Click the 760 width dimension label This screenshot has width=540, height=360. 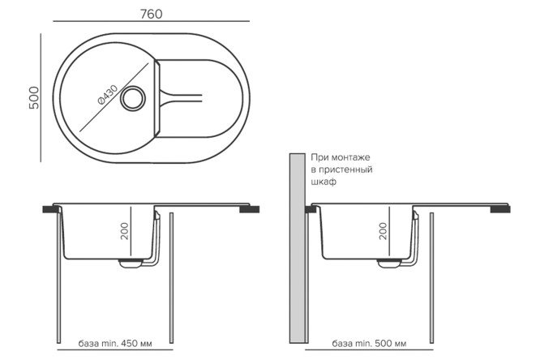(x=151, y=14)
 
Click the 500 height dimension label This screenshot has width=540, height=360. (x=34, y=98)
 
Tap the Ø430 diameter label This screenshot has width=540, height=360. (x=108, y=94)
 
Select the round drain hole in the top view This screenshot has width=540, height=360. (x=133, y=99)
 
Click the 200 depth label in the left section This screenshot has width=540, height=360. (x=125, y=231)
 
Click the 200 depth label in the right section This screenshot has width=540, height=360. (x=383, y=231)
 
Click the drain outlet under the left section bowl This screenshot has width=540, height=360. (x=131, y=263)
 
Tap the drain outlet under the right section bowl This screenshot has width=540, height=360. (x=389, y=263)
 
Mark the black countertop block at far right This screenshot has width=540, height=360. (x=500, y=208)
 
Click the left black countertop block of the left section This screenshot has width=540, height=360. (x=50, y=208)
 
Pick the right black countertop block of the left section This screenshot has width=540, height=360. (x=250, y=208)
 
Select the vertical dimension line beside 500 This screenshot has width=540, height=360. (x=41, y=98)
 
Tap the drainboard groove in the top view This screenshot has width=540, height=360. (x=181, y=97)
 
